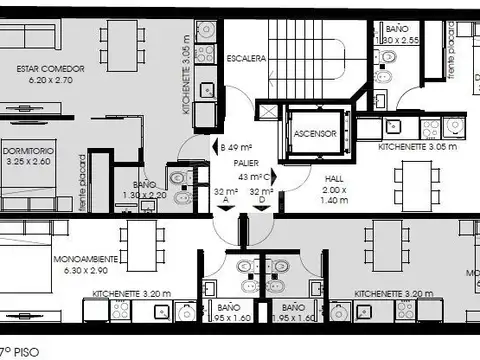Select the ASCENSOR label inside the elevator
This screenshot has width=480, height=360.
click(314, 133)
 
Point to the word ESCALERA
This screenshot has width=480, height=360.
click(246, 59)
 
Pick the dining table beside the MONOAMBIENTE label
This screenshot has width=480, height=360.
click(142, 242)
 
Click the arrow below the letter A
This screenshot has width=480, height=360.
click(224, 211)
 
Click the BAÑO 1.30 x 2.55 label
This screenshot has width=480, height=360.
click(403, 38)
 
